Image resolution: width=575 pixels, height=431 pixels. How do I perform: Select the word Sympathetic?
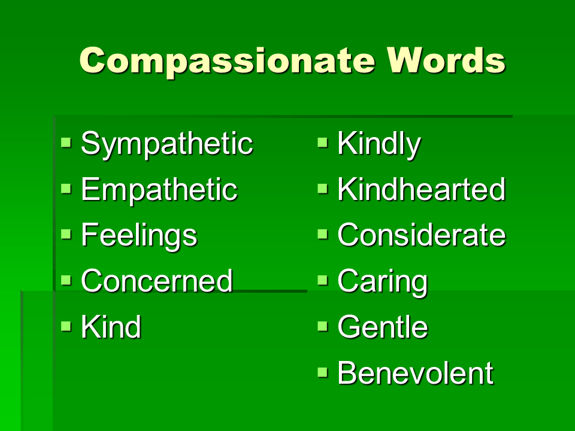(167, 144)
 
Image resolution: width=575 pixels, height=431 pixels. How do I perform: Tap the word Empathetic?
(159, 190)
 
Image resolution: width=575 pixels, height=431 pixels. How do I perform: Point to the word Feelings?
(138, 235)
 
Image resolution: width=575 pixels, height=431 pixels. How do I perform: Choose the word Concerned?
(156, 281)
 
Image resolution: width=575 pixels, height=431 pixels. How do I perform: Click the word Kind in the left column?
(111, 327)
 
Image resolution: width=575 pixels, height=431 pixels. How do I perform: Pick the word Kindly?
(379, 144)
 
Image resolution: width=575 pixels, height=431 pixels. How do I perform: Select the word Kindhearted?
(421, 190)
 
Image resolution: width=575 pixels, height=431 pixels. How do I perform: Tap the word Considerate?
(421, 235)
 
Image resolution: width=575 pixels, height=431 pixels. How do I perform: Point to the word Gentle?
(383, 327)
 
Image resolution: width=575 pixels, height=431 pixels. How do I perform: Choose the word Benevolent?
(415, 373)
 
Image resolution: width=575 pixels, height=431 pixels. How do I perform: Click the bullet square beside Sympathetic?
(66, 143)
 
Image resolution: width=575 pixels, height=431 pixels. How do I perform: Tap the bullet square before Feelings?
(66, 234)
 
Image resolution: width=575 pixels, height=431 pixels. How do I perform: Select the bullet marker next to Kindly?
(323, 143)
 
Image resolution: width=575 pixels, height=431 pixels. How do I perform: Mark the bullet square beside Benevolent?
(323, 372)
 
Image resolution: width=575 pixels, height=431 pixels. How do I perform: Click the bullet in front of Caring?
(323, 280)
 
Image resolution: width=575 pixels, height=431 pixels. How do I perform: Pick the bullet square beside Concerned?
(66, 280)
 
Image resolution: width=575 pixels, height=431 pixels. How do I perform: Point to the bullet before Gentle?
(323, 326)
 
